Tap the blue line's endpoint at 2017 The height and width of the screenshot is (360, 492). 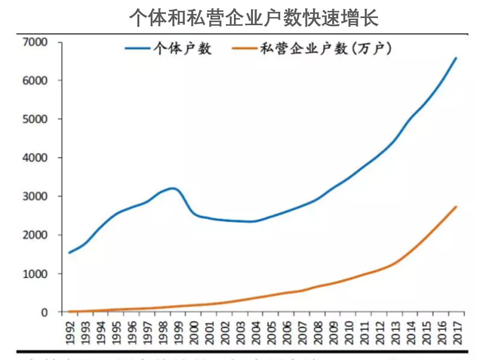click(x=456, y=58)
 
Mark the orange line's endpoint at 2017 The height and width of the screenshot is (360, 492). click(x=456, y=207)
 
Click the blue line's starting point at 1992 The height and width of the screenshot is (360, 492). click(x=69, y=253)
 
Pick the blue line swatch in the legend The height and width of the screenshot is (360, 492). click(x=138, y=49)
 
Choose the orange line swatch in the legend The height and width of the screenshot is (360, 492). click(x=244, y=49)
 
